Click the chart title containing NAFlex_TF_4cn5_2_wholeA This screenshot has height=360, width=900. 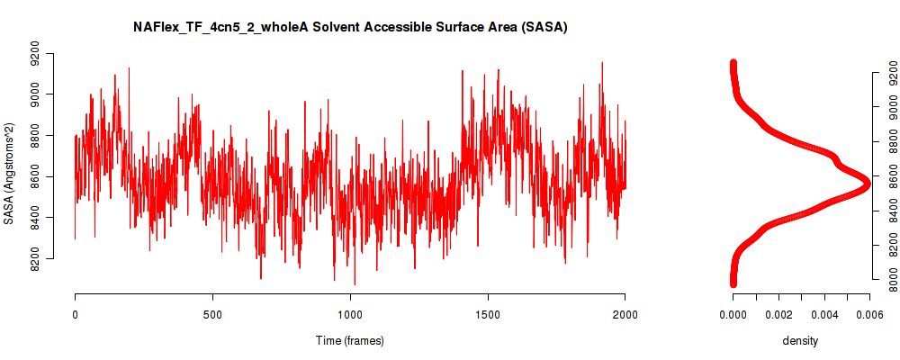[350, 27]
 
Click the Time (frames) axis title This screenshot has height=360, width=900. [349, 340]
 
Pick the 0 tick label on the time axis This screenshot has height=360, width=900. [76, 315]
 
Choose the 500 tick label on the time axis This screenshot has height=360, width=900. [212, 315]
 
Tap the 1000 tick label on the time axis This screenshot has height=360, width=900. [350, 315]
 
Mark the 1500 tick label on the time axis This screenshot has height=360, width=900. [487, 315]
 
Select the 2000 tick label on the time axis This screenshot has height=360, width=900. [625, 315]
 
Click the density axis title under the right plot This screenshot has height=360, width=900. [800, 341]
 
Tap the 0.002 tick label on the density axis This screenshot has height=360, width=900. [778, 315]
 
